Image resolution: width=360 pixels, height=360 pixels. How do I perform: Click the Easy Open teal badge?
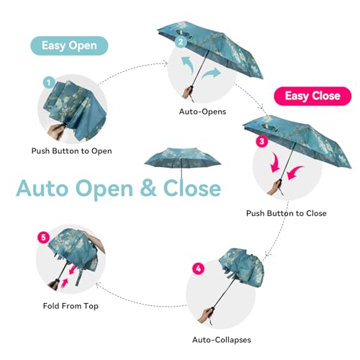[69, 45]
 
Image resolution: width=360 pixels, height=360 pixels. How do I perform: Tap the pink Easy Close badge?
[312, 96]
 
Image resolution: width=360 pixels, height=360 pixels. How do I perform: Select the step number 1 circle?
[49, 83]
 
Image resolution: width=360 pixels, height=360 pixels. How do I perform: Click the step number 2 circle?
[181, 42]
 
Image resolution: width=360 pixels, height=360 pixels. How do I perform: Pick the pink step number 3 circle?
[261, 141]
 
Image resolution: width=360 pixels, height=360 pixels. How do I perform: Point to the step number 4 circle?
[198, 269]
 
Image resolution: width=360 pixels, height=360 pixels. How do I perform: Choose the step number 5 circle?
[43, 238]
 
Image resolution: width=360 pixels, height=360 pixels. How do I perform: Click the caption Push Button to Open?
[72, 151]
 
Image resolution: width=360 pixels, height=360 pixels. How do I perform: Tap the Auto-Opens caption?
[202, 112]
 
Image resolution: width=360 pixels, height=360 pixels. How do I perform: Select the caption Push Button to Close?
[287, 213]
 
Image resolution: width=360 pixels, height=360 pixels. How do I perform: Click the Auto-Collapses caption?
[222, 340]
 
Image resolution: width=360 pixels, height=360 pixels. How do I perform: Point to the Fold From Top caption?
[71, 306]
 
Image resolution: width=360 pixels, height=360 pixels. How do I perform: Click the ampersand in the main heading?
[148, 188]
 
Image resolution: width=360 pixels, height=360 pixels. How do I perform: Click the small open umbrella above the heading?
[182, 161]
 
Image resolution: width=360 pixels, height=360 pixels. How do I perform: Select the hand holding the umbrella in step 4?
[206, 315]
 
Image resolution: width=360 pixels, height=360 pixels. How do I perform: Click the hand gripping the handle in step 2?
[188, 93]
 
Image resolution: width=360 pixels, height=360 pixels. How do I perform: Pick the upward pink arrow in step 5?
[64, 284]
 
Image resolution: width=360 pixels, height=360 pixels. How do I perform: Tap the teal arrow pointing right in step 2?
[211, 73]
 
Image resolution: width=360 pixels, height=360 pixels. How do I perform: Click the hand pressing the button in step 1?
[57, 132]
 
